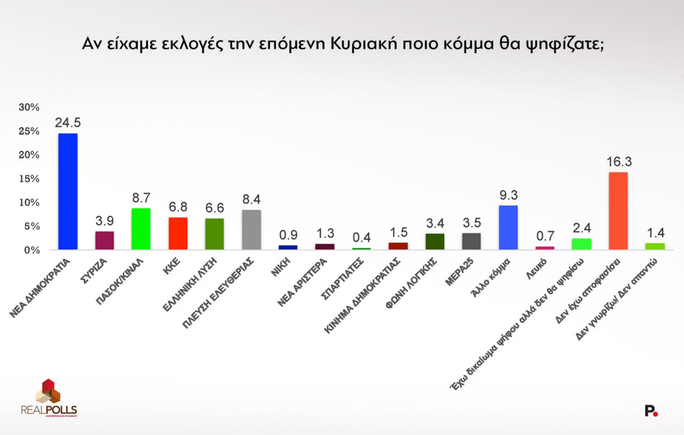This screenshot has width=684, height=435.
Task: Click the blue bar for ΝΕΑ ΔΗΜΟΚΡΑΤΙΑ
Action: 68,191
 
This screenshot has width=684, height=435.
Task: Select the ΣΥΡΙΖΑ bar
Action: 104,240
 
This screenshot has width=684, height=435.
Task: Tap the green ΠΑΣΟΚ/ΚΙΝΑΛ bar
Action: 141,229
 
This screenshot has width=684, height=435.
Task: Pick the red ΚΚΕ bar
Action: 178,233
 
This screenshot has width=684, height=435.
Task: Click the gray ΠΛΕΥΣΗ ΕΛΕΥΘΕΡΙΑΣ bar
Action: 251,230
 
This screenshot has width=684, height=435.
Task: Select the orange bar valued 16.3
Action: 618,211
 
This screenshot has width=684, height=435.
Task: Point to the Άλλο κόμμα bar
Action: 508,228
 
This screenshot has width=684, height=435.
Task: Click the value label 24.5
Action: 68,122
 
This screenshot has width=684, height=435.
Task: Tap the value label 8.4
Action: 251,199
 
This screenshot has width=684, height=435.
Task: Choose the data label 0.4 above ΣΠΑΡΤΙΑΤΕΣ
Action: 361,238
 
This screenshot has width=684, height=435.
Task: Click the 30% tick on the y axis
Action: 29,107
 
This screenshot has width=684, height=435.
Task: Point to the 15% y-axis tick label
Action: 29,179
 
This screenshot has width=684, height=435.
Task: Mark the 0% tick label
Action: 31,250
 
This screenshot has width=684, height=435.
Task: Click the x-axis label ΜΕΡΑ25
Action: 460,273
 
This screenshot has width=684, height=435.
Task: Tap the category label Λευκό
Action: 536,269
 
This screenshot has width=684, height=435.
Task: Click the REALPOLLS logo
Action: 49,398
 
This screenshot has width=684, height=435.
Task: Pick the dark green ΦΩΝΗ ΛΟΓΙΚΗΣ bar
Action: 435,241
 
